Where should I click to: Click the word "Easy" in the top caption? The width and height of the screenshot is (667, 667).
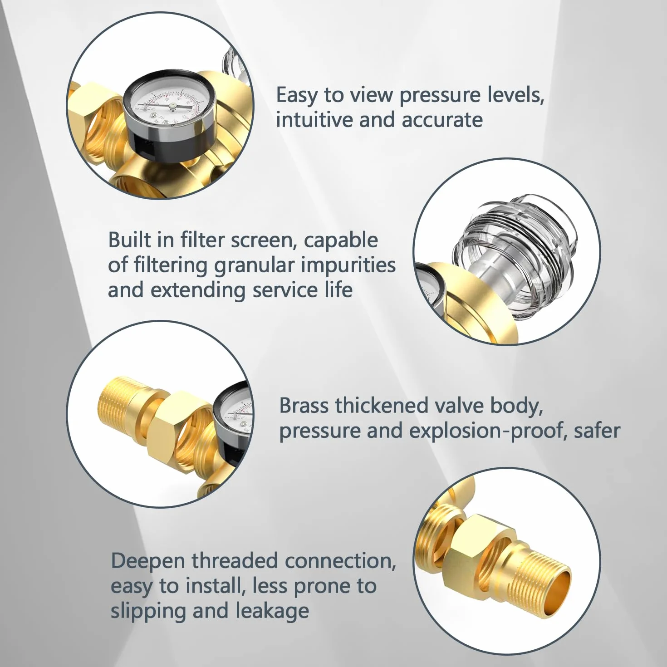pyautogui.click(x=297, y=96)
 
